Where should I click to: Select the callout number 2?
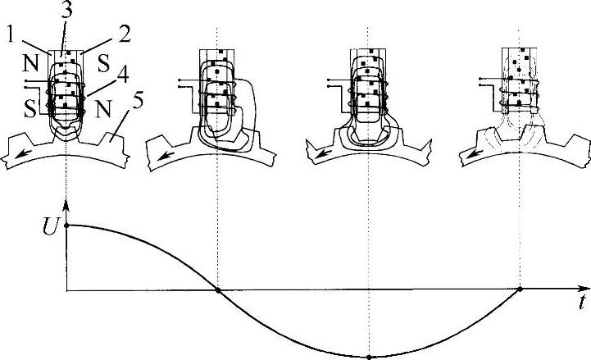[x=124, y=34]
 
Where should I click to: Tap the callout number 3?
[x=66, y=9]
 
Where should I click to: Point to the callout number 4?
[x=122, y=75]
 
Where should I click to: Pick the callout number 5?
[x=138, y=101]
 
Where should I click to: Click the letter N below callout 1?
[x=31, y=63]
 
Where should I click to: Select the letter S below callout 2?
[x=104, y=63]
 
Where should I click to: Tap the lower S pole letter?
[x=31, y=108]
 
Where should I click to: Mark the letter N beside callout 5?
[x=103, y=109]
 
